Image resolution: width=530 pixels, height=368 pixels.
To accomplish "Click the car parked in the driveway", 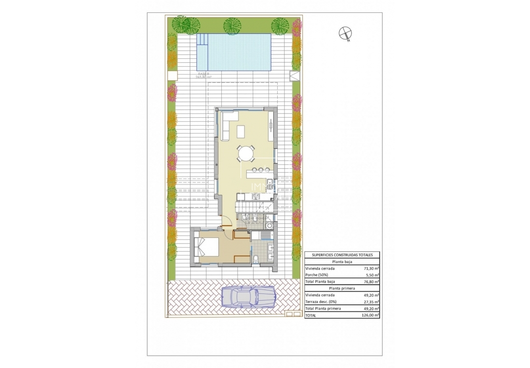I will [x=248, y=296].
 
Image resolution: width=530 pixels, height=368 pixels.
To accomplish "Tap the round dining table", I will [x=246, y=154].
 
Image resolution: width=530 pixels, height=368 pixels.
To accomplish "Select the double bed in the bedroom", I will [x=207, y=247].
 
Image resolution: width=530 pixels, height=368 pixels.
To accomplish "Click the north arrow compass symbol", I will [x=345, y=33].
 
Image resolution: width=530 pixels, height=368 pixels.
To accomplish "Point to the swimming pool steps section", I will [x=202, y=52].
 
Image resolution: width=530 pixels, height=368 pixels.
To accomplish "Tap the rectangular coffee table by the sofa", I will [x=241, y=131].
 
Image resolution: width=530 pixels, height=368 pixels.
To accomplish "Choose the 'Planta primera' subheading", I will [x=342, y=289].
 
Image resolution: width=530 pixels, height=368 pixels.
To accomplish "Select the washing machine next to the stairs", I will [x=271, y=223].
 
